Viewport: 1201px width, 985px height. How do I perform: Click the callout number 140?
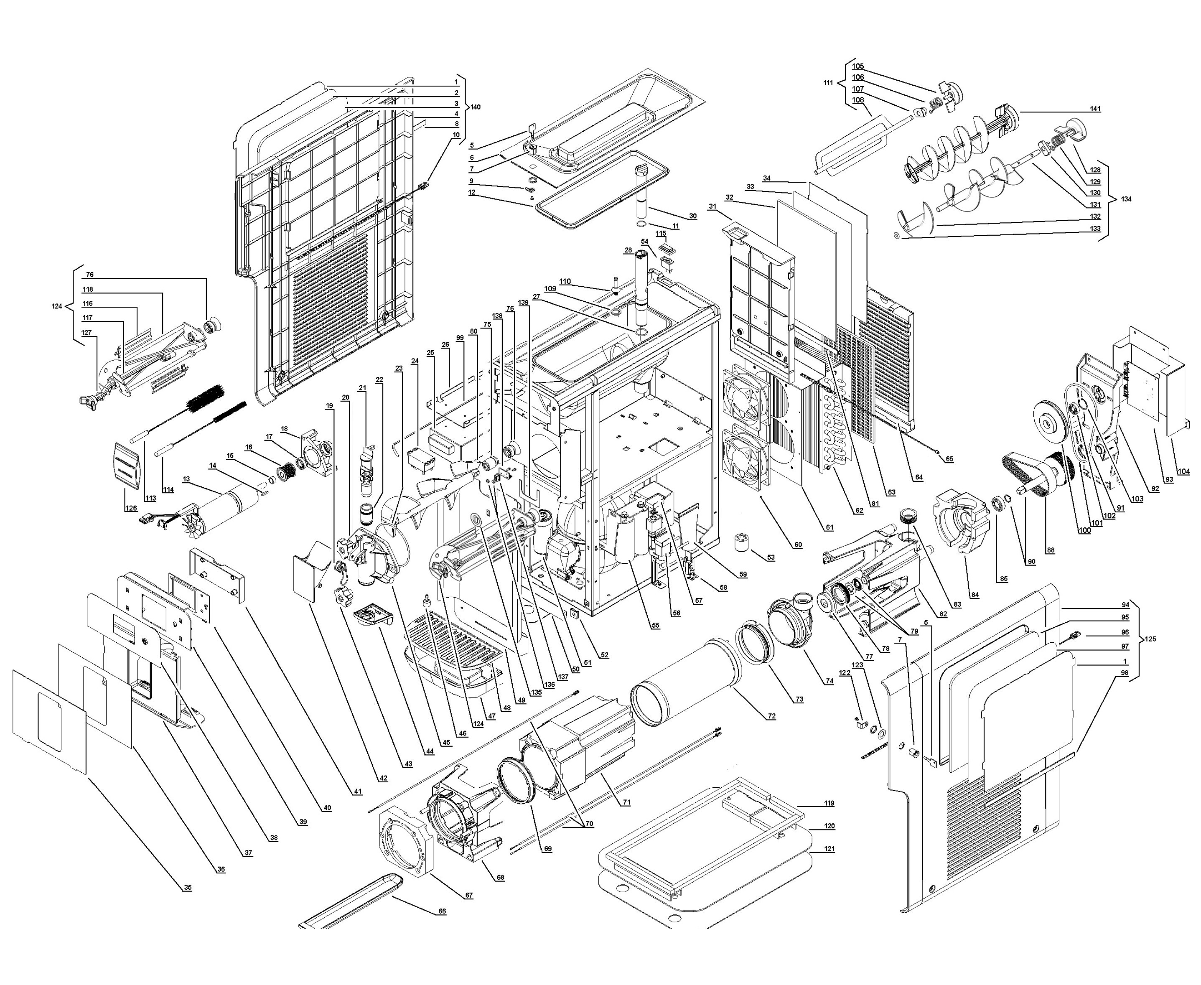(476, 107)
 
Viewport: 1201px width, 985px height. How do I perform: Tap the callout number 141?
(1094, 109)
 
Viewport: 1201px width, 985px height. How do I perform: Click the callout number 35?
(187, 888)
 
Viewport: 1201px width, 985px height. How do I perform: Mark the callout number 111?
(828, 83)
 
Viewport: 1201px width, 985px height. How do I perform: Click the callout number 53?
(771, 558)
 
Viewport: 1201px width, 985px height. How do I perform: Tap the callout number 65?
(949, 459)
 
